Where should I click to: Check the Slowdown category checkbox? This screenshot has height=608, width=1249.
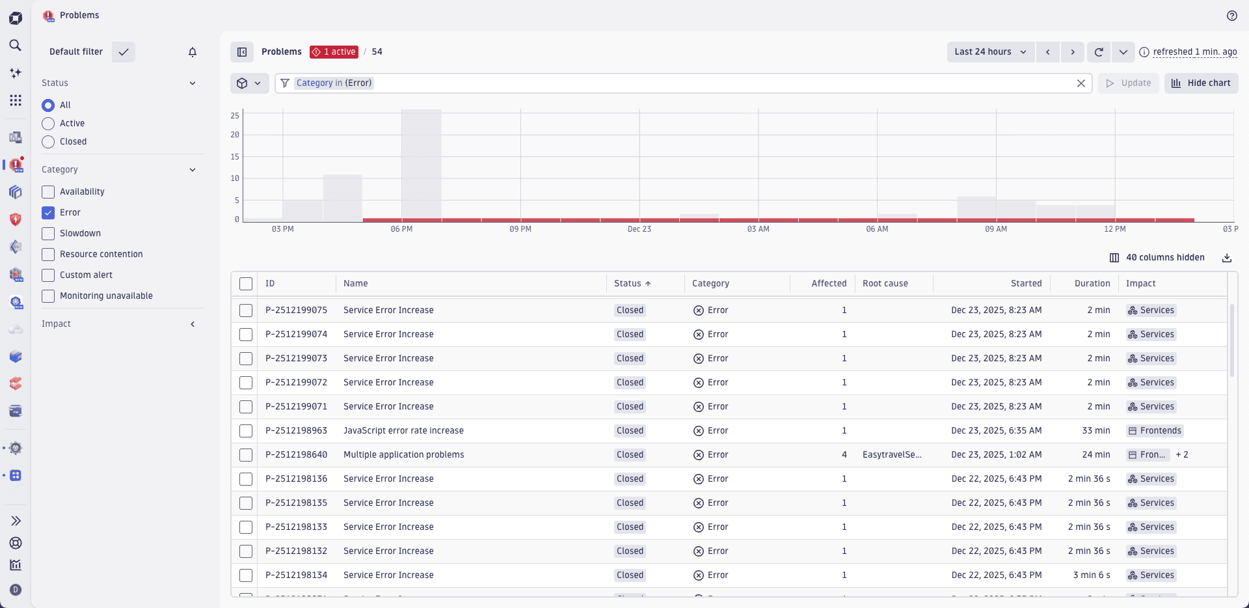(x=48, y=233)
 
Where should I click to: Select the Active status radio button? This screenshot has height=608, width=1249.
(x=48, y=124)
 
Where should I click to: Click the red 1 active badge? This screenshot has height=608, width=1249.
(x=334, y=52)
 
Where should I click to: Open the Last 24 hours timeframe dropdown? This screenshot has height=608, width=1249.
(x=990, y=52)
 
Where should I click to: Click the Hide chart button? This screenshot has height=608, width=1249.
(x=1201, y=83)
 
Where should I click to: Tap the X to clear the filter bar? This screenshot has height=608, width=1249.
(x=1081, y=83)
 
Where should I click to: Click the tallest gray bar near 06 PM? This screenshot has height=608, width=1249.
(x=421, y=163)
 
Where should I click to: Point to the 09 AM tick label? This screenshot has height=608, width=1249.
(x=995, y=229)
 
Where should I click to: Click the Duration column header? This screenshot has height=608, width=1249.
(x=1092, y=284)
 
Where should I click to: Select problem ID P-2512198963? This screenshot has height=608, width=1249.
(x=296, y=431)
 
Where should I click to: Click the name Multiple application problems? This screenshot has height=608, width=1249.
(x=403, y=455)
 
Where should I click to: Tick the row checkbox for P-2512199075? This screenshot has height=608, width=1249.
(x=246, y=311)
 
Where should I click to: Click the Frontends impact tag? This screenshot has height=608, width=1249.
(x=1155, y=431)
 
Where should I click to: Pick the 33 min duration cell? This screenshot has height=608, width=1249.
(x=1095, y=431)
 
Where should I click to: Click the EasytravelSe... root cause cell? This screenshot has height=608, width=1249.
(x=891, y=455)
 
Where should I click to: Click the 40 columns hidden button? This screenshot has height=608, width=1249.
(x=1157, y=258)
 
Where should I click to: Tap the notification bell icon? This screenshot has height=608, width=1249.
(x=193, y=52)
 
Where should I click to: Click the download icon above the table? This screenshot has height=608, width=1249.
(x=1226, y=258)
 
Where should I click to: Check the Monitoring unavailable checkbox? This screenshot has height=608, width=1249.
(x=48, y=296)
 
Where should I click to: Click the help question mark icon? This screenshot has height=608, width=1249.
(x=1231, y=16)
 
